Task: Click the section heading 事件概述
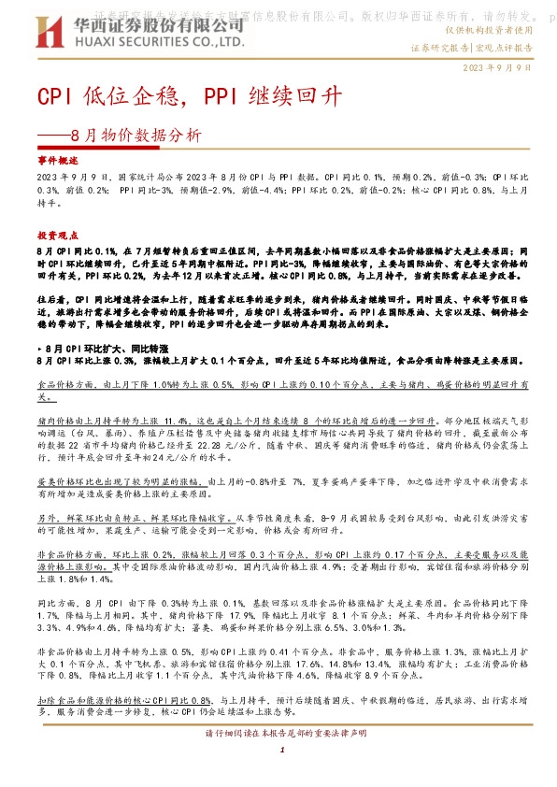[53, 162]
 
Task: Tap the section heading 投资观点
[53, 235]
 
